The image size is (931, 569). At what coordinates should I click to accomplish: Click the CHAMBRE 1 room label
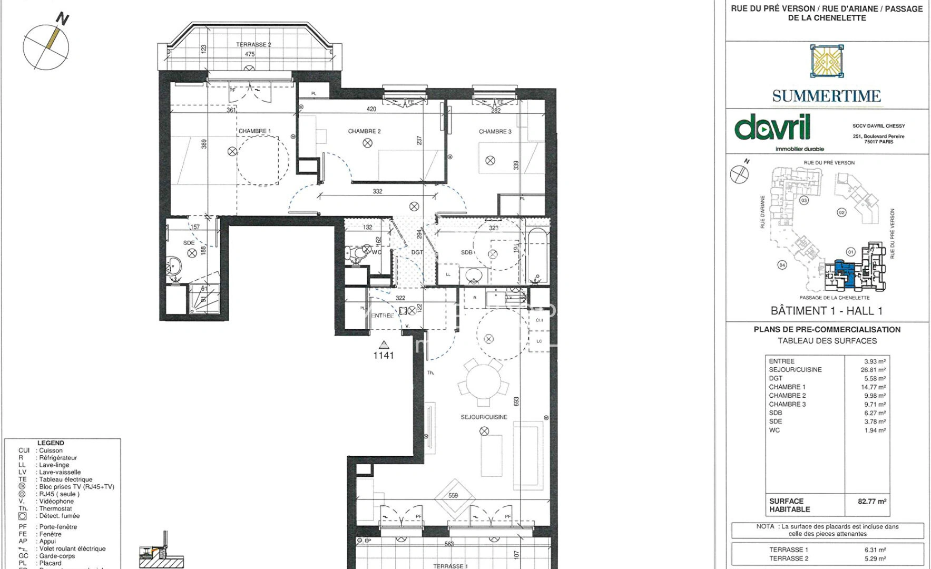(x=254, y=131)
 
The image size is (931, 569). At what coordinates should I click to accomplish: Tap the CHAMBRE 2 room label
(x=364, y=131)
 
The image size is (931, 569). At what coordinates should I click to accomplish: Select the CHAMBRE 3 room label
(x=495, y=131)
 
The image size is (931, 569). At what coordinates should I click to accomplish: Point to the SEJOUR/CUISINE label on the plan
(x=484, y=417)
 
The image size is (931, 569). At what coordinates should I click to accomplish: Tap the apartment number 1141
(x=384, y=355)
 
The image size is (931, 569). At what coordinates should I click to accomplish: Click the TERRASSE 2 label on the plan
(x=253, y=45)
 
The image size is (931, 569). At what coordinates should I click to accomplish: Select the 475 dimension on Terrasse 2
(x=250, y=54)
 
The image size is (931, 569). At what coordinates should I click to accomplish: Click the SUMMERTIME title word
(x=826, y=96)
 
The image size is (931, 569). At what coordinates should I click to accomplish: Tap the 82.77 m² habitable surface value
(x=872, y=501)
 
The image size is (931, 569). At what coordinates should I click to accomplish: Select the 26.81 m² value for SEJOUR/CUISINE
(x=873, y=370)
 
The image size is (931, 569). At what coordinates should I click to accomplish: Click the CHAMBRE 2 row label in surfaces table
(x=787, y=396)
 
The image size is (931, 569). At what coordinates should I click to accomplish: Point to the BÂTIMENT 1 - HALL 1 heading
(x=826, y=311)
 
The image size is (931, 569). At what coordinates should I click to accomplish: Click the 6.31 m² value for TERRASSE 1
(x=875, y=550)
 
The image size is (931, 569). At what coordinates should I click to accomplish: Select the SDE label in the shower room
(x=189, y=243)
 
